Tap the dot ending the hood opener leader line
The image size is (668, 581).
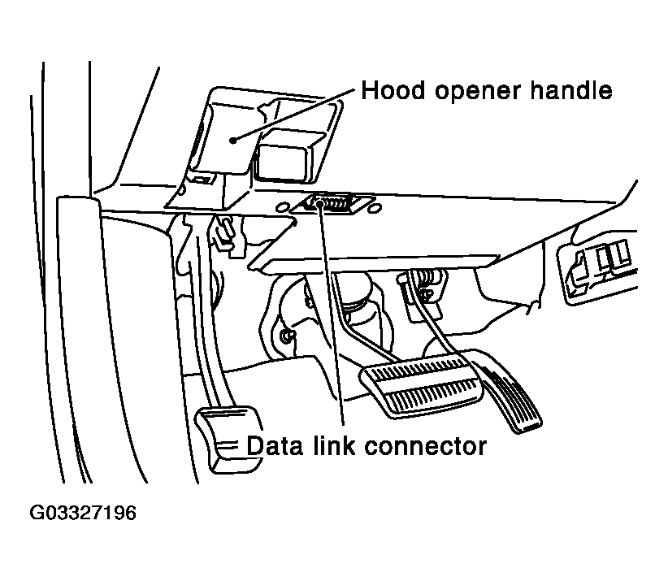pos(233,140)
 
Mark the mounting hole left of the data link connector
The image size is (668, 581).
pos(284,207)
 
